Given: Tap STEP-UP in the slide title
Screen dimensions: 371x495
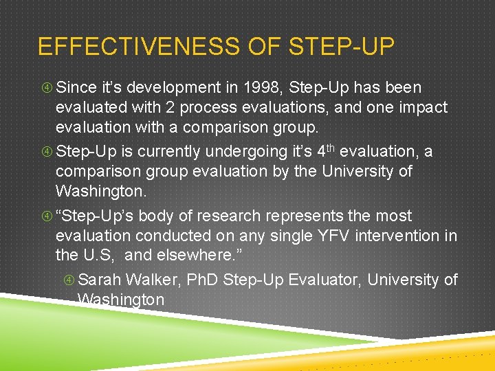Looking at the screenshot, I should coord(342,47).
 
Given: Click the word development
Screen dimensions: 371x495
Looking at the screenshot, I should coord(161,88).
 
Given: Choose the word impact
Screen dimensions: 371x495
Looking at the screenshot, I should coord(421,108).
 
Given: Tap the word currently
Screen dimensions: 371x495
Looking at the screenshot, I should coord(170,151).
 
